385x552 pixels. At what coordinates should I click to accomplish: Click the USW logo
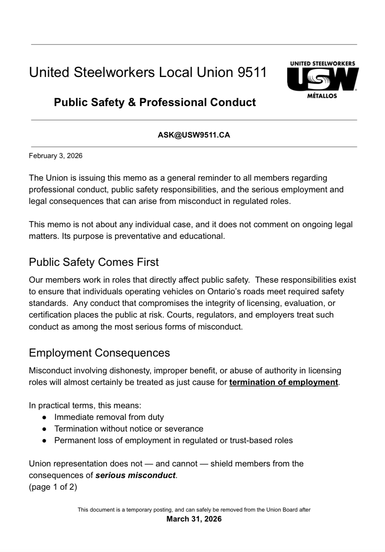pos(322,79)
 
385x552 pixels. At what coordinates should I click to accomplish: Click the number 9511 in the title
pos(251,73)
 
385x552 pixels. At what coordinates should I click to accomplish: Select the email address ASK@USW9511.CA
pos(194,135)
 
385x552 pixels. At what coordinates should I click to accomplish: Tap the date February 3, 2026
pos(55,156)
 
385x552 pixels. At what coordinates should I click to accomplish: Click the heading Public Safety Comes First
pos(94,262)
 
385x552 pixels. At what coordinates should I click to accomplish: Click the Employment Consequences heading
pos(99,353)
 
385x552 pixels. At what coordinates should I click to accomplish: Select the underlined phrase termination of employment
pos(283,382)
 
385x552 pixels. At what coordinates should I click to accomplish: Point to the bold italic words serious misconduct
pos(136,475)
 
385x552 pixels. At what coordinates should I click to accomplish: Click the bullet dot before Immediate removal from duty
pos(44,418)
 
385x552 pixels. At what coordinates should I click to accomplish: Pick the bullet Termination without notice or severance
pos(129,429)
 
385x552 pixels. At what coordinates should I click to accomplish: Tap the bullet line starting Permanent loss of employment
pos(173,440)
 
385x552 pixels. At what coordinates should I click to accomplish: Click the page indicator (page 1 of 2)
pos(53,487)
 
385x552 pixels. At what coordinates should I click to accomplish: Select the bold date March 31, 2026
pos(194,519)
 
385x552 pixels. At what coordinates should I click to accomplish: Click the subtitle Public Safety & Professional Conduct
pos(155,102)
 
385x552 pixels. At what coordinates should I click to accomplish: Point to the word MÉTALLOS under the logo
pos(322,96)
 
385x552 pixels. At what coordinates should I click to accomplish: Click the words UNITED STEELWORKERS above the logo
pos(322,64)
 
